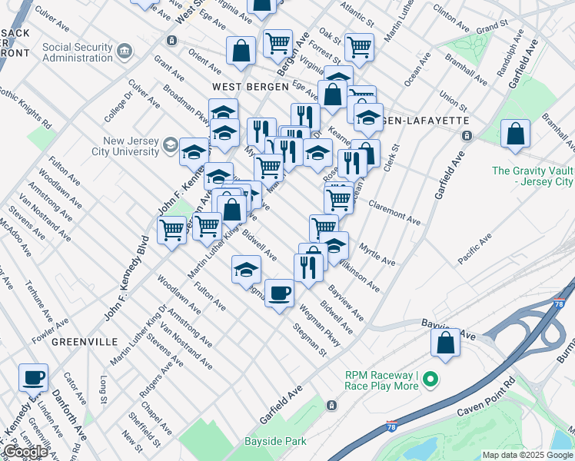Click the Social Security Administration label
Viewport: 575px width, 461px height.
(77, 51)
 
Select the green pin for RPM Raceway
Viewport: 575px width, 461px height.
(431, 380)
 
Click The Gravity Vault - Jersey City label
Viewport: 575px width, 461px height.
(533, 177)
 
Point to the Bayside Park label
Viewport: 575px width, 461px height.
(275, 441)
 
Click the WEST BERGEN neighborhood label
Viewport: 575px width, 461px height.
(245, 87)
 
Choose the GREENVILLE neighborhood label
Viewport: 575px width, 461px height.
(85, 341)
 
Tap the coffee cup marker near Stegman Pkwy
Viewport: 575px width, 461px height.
(279, 293)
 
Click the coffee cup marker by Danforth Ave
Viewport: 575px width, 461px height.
(33, 377)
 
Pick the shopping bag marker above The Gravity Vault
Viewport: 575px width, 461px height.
(515, 133)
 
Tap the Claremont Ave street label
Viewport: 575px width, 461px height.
(394, 214)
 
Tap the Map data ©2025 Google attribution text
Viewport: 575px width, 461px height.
(527, 455)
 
